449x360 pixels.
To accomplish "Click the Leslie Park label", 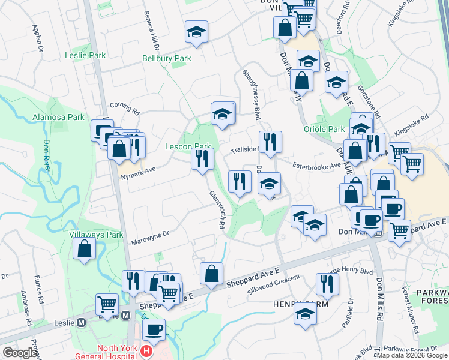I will point(85,55).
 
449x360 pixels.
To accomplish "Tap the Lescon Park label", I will point(188,146).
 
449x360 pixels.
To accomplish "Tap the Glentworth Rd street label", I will point(217,209).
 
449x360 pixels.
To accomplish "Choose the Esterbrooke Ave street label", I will point(316,165).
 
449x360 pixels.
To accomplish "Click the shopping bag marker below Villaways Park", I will point(85,248).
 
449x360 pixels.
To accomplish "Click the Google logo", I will point(20,353).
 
